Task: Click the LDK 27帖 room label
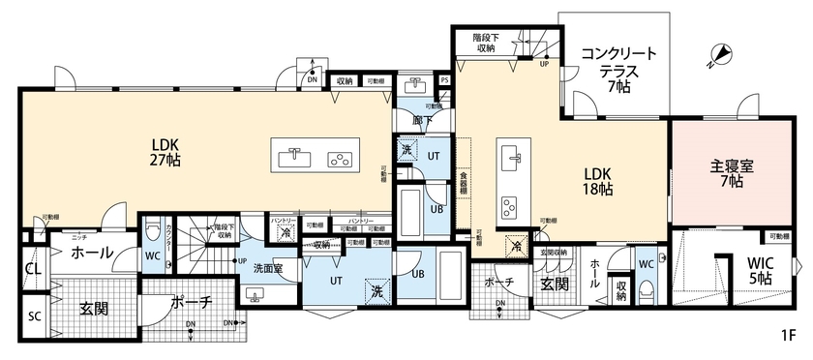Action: click(166, 154)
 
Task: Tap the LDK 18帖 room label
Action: click(597, 182)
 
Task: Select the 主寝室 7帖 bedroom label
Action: click(725, 172)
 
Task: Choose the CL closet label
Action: click(32, 268)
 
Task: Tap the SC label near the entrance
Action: click(33, 315)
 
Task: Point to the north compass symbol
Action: click(716, 55)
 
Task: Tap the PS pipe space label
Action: click(444, 81)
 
